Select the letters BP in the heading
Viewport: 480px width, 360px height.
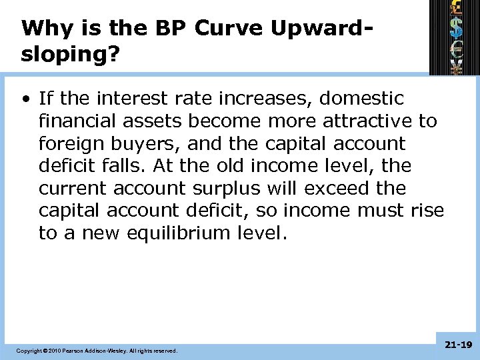point(172,29)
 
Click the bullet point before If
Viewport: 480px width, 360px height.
point(25,99)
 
